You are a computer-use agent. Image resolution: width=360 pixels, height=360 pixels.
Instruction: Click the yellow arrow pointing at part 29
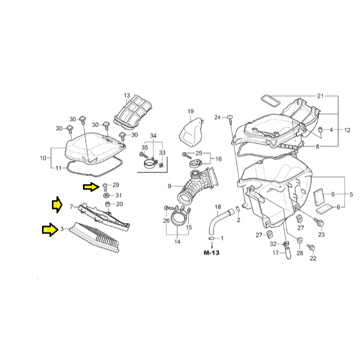click(91, 187)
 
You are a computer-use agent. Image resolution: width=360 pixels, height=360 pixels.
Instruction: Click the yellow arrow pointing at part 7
click(57, 204)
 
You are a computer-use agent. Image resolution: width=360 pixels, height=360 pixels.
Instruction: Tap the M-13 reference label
click(211, 253)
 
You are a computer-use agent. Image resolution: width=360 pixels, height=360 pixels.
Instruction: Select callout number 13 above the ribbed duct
click(126, 95)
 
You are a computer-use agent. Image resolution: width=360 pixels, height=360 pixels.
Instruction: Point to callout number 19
click(190, 111)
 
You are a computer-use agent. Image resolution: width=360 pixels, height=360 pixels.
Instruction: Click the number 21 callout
click(320, 96)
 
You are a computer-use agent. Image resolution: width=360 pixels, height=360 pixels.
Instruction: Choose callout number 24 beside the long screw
click(217, 117)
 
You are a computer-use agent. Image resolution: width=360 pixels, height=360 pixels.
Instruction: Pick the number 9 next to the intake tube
click(169, 186)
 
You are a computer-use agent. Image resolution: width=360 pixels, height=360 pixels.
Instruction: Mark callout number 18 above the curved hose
click(217, 207)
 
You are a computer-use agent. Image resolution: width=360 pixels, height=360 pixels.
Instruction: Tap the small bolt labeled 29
click(105, 187)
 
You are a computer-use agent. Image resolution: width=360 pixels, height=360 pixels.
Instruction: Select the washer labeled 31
click(106, 195)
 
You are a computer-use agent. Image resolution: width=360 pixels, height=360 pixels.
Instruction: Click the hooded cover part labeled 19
click(191, 132)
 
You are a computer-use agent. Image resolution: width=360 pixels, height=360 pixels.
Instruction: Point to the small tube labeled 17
click(288, 253)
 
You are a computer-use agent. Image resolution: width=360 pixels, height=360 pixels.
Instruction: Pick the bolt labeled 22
click(312, 247)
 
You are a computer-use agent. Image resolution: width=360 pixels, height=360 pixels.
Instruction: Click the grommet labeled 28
click(299, 240)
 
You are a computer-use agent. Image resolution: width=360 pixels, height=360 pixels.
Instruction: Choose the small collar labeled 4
click(320, 129)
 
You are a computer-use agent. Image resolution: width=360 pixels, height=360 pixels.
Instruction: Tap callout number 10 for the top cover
click(43, 158)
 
